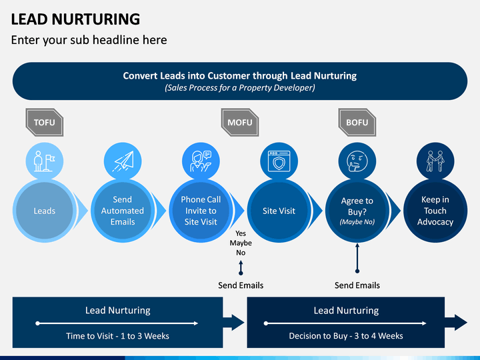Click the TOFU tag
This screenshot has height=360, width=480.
pos(45,123)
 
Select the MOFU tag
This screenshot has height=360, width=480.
pos(240,123)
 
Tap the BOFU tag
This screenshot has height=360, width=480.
pos(357,123)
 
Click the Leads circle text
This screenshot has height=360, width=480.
pos(45,211)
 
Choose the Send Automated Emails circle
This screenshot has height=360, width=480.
pos(123,211)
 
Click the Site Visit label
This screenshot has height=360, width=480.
pos(279,211)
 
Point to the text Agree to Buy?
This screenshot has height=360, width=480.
pos(357,205)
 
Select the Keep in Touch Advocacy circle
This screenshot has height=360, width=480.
pos(435,211)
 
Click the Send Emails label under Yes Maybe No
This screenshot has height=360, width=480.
pos(241,285)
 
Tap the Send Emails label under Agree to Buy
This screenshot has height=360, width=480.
pos(357,285)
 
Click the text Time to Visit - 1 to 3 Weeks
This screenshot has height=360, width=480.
pos(117,336)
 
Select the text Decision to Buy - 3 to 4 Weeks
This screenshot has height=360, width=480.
pos(346,336)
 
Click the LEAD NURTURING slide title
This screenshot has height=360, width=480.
pos(75,19)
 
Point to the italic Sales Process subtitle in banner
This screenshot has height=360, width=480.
pos(240,88)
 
